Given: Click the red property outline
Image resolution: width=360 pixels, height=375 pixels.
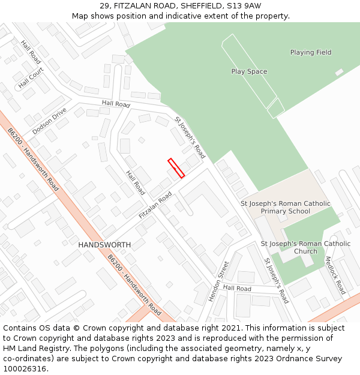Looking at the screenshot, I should coord(176,168).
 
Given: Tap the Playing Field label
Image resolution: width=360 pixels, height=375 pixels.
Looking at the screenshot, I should coord(311,52).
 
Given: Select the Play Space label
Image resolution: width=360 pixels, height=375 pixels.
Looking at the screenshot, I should coord(249,71).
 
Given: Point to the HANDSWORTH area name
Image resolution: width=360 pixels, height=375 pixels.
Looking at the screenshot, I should coord(104,245).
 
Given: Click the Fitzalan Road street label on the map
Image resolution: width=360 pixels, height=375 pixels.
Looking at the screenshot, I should coord(155,205).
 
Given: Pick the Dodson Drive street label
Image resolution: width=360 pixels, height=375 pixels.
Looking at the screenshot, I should coord(49,121).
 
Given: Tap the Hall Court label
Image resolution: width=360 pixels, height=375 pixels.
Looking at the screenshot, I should coord(31,77).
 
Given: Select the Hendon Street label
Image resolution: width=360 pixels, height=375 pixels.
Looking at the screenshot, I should coord(219,281).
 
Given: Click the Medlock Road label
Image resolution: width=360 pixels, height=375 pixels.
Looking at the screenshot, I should coord(335,275).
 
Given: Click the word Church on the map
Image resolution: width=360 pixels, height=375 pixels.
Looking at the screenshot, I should coord(305,251).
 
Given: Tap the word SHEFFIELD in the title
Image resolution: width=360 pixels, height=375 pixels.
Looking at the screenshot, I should coord(200,6).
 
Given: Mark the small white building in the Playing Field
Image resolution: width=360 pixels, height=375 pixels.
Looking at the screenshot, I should coord(339,73).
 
